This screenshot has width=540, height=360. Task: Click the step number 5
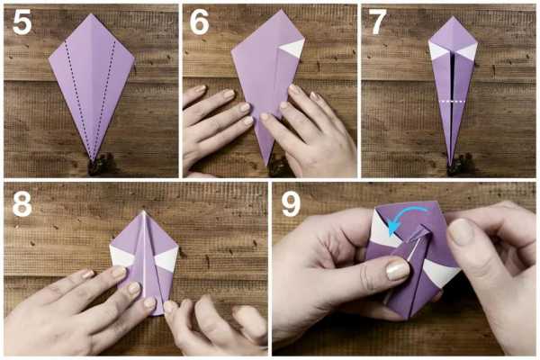(x=22, y=22)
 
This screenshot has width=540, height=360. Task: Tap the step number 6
(x=200, y=22)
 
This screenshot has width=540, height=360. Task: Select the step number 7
(x=378, y=22)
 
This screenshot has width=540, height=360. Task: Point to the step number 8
(x=22, y=204)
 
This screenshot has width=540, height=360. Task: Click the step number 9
(x=292, y=204)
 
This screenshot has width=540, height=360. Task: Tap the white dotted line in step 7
(x=453, y=102)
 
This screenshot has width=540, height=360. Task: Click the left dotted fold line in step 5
(x=77, y=100)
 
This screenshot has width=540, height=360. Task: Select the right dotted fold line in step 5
(x=104, y=100)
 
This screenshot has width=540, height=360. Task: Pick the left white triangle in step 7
(x=437, y=51)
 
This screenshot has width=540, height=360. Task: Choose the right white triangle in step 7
(x=467, y=51)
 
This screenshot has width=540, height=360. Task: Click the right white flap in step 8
(x=167, y=259)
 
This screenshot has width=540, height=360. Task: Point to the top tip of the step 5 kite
(x=91, y=13)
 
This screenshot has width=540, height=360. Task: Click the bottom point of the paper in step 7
(x=450, y=166)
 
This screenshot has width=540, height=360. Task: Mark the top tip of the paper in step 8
(x=144, y=211)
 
